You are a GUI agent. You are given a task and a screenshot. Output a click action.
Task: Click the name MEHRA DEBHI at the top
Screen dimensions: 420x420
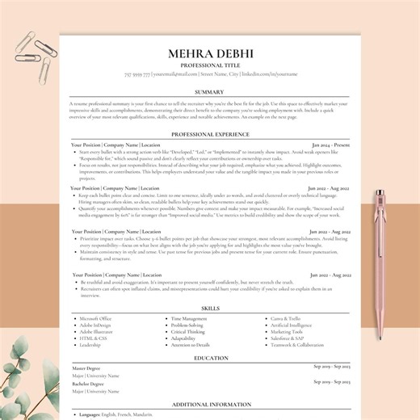coord(210,54)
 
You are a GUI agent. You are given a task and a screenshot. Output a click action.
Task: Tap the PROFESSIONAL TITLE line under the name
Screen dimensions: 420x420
coord(210,65)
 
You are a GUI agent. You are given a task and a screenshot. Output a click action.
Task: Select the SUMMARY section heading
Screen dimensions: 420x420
coord(210,92)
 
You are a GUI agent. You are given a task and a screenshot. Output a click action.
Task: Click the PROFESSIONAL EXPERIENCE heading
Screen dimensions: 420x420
coord(210,133)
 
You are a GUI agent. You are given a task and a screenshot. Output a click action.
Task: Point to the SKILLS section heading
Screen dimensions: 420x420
coord(210,308)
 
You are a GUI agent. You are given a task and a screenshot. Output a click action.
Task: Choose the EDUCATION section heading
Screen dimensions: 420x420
coord(210,357)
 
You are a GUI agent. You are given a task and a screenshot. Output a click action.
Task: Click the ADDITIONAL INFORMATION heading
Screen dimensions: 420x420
coord(210,403)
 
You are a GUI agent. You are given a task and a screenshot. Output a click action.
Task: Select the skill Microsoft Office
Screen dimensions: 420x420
coord(95,319)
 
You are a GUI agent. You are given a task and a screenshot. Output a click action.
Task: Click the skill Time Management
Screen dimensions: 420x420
coord(189,319)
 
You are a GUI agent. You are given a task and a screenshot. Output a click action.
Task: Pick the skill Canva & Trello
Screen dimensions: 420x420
coord(287,319)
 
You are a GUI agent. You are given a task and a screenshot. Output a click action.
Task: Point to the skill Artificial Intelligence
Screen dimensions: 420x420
coord(292,325)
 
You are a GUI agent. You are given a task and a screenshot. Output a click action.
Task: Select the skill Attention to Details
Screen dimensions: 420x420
coord(191,345)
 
